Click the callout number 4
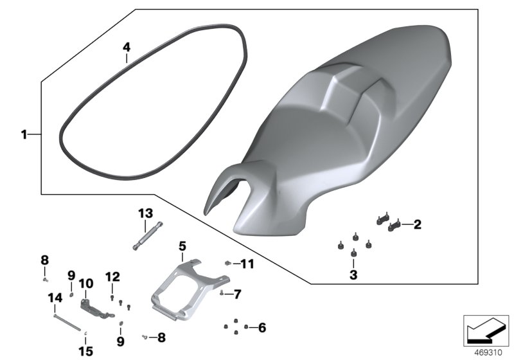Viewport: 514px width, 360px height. coord(126,47)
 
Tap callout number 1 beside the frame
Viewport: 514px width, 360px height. coord(24,134)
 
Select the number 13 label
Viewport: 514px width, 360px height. coord(146,213)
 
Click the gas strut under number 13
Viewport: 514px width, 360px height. coord(148,236)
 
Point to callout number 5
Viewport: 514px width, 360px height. coord(182,246)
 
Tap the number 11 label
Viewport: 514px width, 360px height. coord(247,264)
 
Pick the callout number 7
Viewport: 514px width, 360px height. coord(237,294)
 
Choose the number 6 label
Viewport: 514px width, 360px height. coord(262,327)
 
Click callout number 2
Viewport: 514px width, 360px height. coord(417,224)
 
